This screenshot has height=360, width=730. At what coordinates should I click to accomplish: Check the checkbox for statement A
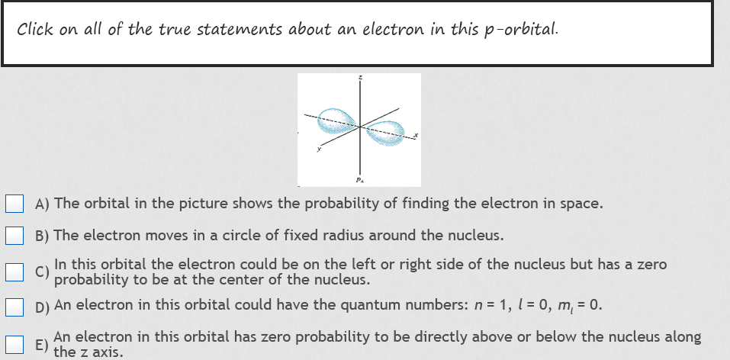[x=15, y=204]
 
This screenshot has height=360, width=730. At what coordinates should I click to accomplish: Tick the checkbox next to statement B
[x=15, y=235]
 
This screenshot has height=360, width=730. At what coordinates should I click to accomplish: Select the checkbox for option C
[x=15, y=272]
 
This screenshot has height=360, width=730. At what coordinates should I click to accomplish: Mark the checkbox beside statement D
[x=15, y=307]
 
